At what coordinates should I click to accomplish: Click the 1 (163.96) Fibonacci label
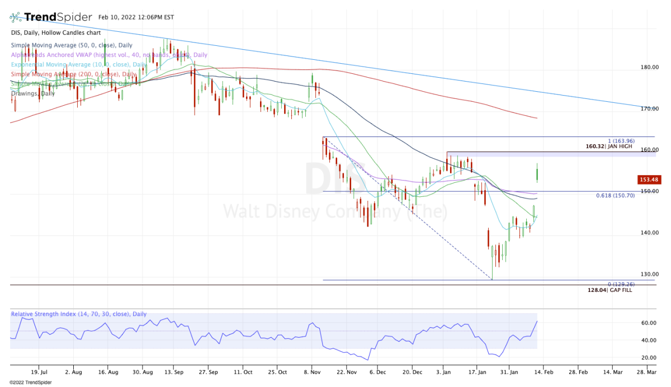pos(620,142)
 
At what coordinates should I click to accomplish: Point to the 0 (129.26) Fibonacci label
pos(620,284)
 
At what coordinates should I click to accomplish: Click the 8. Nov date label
pos(311,371)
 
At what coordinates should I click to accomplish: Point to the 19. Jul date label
pos(39,371)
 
